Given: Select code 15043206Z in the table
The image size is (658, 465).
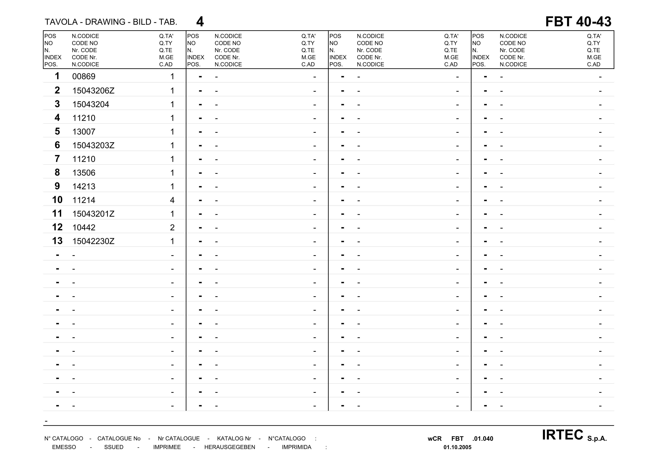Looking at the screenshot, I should [93, 91].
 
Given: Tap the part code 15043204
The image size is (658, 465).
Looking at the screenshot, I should [91, 104].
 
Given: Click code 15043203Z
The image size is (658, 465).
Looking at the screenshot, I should [93, 145].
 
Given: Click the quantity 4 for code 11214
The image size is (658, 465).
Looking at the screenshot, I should [172, 200].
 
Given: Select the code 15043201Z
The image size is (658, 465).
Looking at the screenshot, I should [93, 214].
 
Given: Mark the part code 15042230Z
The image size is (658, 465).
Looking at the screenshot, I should [93, 241].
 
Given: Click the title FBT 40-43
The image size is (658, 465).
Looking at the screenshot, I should [578, 22].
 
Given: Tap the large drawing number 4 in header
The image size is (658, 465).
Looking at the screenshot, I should [200, 22].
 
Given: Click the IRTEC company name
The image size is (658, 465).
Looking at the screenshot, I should [562, 435].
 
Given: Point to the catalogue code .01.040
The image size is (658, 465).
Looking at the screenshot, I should [483, 439].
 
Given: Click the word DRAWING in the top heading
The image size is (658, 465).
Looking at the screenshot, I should [105, 22].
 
